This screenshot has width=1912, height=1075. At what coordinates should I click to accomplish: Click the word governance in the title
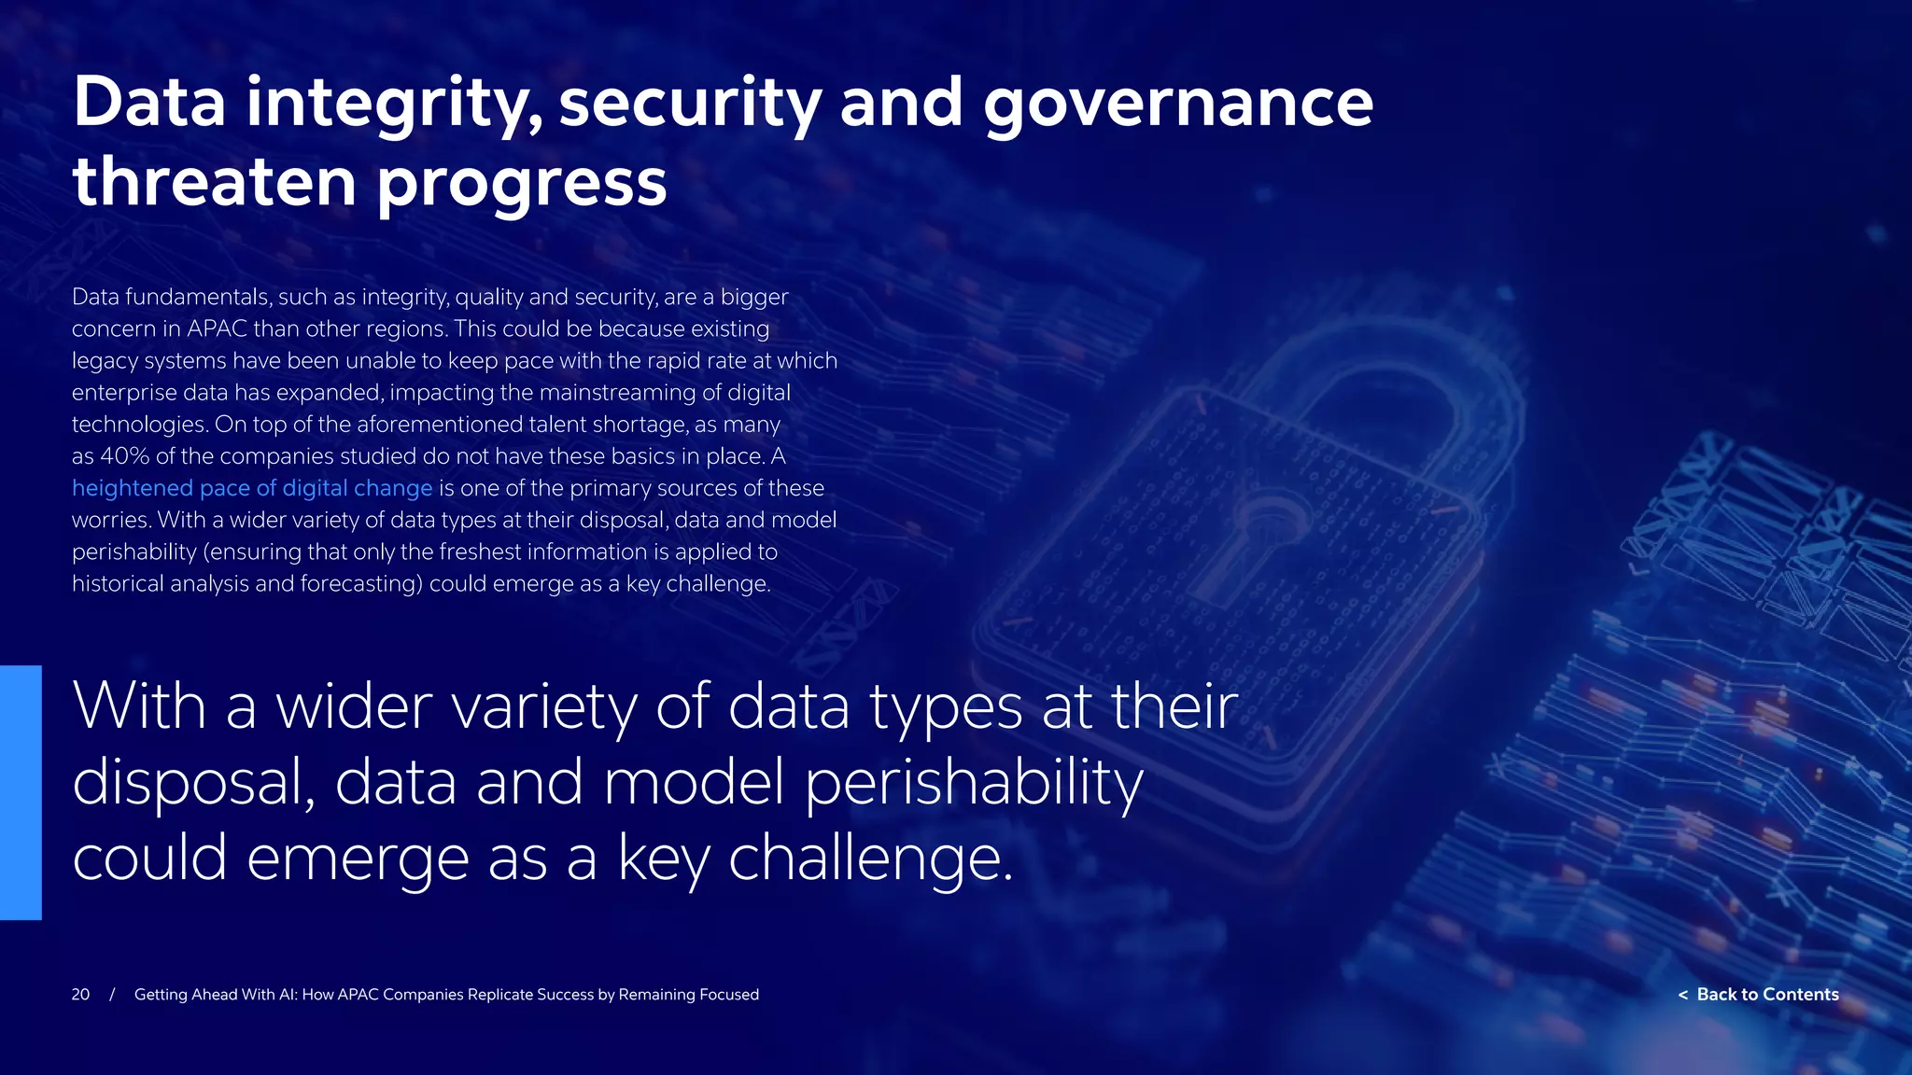tap(1177, 103)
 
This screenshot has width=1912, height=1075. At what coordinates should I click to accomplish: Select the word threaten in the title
tap(215, 181)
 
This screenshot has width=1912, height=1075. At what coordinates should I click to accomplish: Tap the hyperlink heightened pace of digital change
tap(252, 488)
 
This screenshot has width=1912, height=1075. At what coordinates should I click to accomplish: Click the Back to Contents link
tap(1767, 995)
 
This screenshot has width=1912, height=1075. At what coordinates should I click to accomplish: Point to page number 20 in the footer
tap(80, 995)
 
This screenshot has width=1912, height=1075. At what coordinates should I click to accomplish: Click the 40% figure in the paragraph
tap(124, 456)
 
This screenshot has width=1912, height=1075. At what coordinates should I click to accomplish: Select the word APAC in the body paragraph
tap(218, 329)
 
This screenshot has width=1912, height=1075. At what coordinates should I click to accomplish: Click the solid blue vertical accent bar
tap(21, 792)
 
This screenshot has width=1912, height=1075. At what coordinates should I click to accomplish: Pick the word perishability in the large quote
tap(974, 782)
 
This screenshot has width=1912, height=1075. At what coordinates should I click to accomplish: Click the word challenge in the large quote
tap(868, 859)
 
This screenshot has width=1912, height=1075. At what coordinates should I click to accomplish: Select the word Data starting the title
tap(149, 103)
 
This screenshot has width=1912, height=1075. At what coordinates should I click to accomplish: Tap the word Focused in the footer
tap(728, 995)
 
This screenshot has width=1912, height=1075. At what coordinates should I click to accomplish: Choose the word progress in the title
tap(522, 181)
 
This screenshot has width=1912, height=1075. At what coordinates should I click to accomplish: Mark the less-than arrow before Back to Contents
tap(1682, 996)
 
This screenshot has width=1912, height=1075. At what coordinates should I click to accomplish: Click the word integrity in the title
tap(393, 103)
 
